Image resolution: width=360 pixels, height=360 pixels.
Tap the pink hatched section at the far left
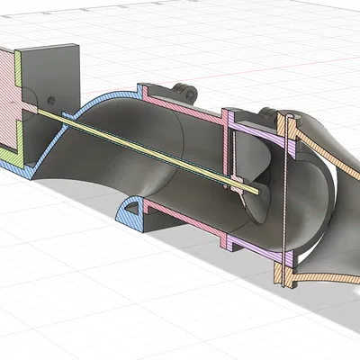click(x=9, y=90)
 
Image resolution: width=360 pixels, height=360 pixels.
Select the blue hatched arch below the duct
click(x=131, y=209)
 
